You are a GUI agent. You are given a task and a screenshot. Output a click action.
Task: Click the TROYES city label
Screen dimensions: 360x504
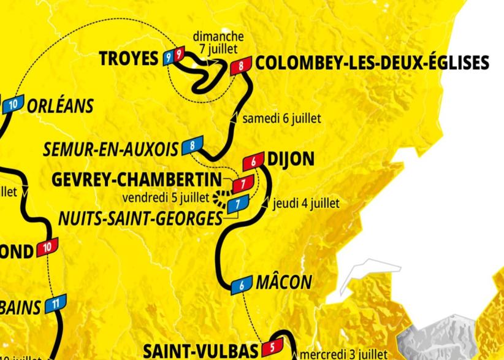coord(128,59)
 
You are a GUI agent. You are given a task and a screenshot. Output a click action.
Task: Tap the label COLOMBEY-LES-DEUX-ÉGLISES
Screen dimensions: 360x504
coord(372,63)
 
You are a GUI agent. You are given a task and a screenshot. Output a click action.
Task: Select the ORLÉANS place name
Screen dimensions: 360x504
coord(60,105)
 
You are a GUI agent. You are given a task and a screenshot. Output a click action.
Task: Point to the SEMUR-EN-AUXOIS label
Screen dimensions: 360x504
coord(111,148)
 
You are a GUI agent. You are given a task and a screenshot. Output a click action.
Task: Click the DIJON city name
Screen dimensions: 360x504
coord(291,160)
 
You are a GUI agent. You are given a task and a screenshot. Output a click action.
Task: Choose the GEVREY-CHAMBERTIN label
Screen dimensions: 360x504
coord(137,180)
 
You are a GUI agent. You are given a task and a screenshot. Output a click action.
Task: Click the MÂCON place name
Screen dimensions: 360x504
coord(283,283)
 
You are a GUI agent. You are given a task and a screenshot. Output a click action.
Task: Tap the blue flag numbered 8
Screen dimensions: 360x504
coord(192,146)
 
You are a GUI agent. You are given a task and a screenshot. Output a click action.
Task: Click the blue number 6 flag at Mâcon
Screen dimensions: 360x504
coord(242,285)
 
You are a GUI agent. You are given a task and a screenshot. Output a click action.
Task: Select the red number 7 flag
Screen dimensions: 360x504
coord(243,183)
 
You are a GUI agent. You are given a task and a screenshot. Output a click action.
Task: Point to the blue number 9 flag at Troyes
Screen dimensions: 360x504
coord(168,57)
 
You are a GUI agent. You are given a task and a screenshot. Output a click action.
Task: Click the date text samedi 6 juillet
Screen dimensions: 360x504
coord(281,118)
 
